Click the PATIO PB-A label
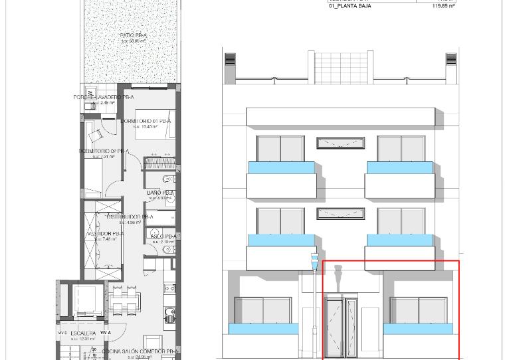pyautogui.click(x=134, y=35)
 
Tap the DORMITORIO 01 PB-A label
pyautogui.click(x=146, y=122)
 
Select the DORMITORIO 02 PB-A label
pyautogui.click(x=104, y=151)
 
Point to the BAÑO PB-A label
pyautogui.click(x=160, y=193)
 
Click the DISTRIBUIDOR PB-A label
pyautogui.click(x=129, y=217)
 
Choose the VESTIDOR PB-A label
pyautogui.click(x=104, y=234)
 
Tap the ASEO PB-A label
pyautogui.click(x=163, y=236)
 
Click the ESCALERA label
pyautogui.click(x=83, y=333)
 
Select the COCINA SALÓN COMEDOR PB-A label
pyautogui.click(x=140, y=351)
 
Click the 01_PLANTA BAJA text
pyautogui.click(x=350, y=6)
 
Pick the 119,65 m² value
pyautogui.click(x=443, y=6)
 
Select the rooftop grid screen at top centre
pyautogui.click(x=340, y=66)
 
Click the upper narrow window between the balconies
pyautogui.click(x=340, y=143)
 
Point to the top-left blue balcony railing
pyautogui.click(x=281, y=167)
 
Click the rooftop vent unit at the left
pyautogui.click(x=230, y=60)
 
